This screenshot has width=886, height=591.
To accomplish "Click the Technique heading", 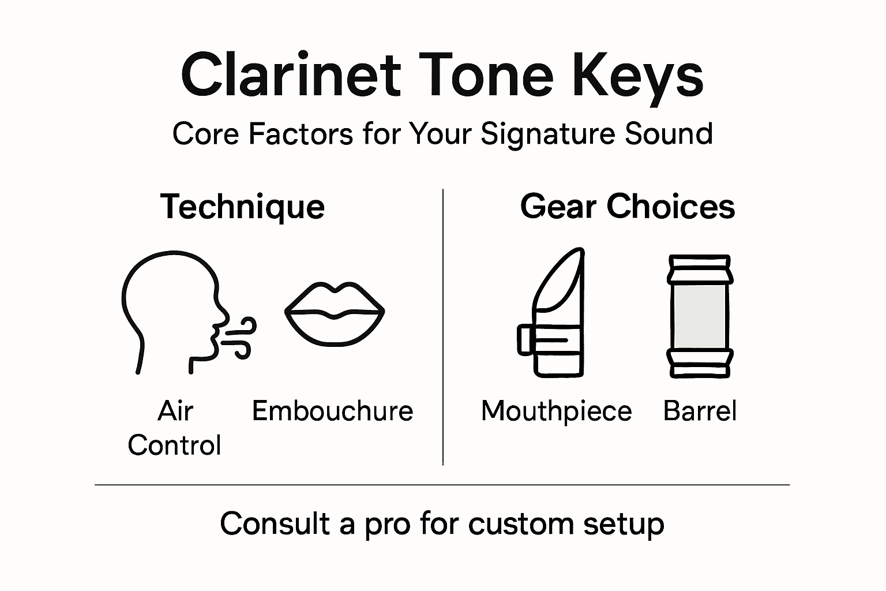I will (x=242, y=207).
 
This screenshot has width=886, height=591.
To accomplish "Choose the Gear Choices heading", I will (x=628, y=207).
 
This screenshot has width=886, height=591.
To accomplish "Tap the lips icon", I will (x=335, y=315).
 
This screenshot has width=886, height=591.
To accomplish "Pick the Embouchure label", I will (x=333, y=411).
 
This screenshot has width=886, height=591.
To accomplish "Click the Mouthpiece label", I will (x=556, y=411).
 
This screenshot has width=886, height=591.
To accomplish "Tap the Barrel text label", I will (x=700, y=411).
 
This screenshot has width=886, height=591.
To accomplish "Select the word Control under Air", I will (x=174, y=445).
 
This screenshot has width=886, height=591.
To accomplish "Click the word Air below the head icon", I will (x=175, y=411).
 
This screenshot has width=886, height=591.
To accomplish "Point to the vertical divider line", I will (x=443, y=326).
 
